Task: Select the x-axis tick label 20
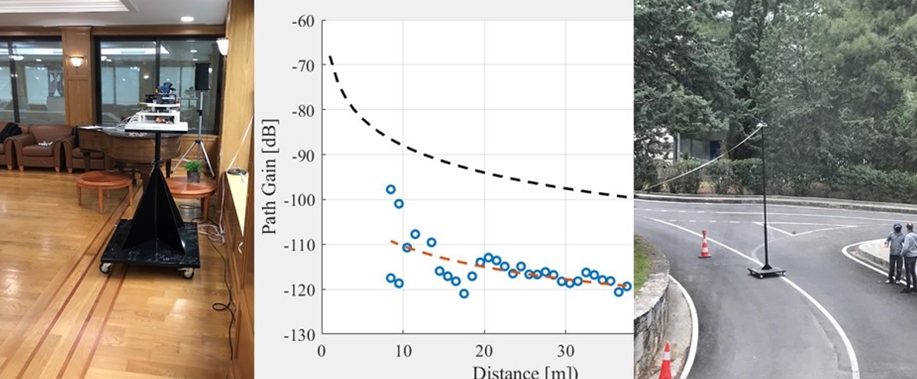coord(484,351)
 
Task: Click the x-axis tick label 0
coord(321,351)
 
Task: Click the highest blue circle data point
coord(390,189)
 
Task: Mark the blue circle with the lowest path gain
coord(463,294)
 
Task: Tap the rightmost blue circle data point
coord(626,286)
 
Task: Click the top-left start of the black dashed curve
coord(331,57)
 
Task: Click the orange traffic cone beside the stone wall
coord(666,361)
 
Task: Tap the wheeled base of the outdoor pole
coord(766,271)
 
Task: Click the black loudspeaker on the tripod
coord(201,77)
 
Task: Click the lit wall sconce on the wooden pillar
coord(77,60)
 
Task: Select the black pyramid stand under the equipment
coord(152,208)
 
